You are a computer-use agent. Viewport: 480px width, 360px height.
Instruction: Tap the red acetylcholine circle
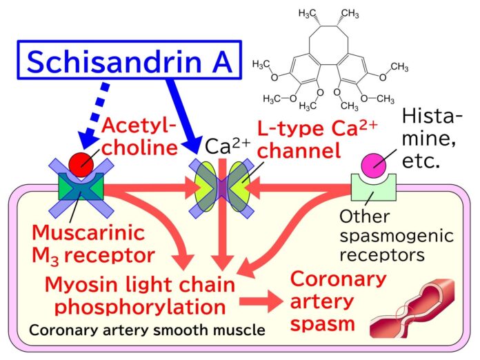click(82, 162)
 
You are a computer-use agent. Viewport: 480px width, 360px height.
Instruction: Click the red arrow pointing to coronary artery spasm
click(259, 301)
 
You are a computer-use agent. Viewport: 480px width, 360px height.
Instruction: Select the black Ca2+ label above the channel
click(227, 146)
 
